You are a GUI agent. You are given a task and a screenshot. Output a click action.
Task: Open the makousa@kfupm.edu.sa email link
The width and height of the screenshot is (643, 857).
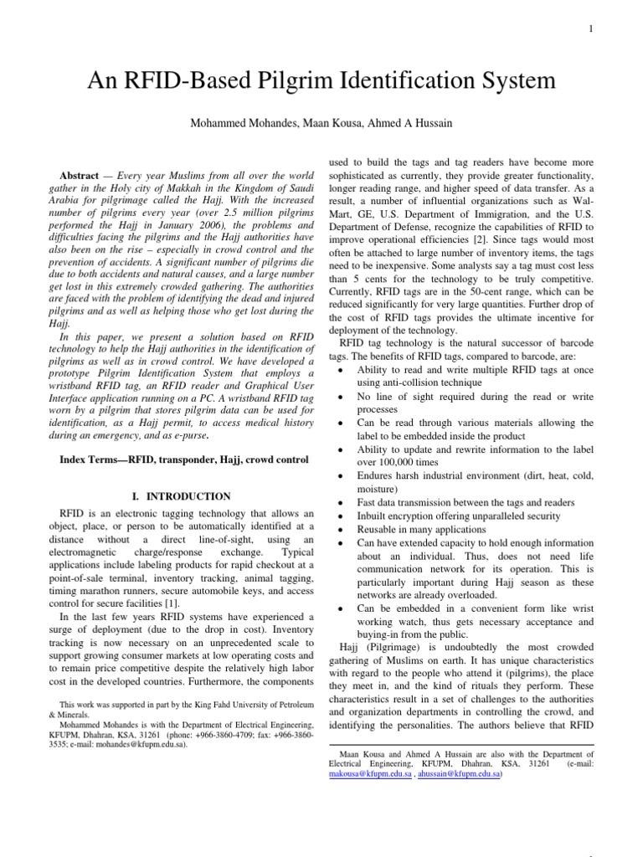click(362, 774)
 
